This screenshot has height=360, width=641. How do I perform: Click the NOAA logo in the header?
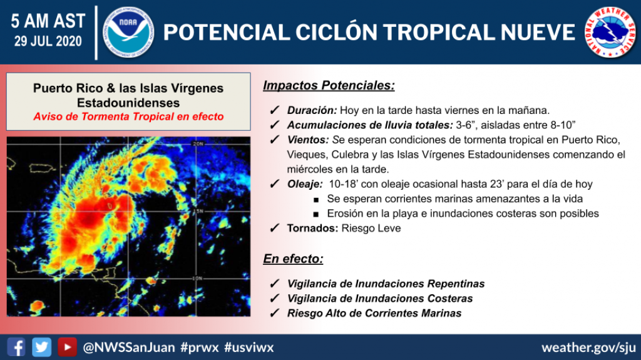point(129,32)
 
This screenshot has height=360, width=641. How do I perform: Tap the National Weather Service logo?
point(610,32)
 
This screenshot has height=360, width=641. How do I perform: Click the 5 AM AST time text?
point(48,21)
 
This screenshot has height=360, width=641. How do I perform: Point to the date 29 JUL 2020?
point(48,42)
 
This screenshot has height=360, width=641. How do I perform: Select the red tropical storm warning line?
point(128,116)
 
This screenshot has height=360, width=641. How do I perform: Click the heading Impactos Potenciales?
point(329,85)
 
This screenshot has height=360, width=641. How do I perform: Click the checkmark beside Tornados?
point(274,229)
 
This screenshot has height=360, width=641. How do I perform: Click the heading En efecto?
point(293,259)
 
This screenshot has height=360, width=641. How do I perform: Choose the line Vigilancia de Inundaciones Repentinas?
point(386,284)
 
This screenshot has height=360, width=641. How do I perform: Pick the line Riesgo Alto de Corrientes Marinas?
point(374,313)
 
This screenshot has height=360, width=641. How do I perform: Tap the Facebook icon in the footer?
point(17,347)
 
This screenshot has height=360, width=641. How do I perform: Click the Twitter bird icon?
point(42,347)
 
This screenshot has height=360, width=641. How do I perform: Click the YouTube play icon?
point(67,347)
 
